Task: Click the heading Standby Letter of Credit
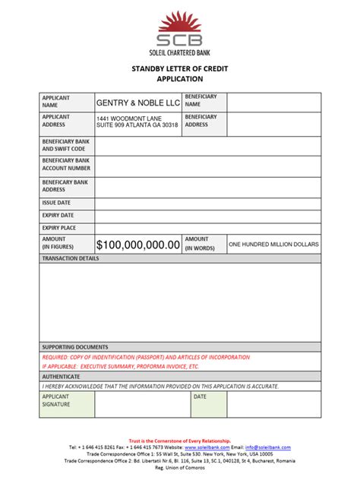(x=179, y=68)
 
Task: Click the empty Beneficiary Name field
(x=273, y=102)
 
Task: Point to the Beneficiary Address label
(x=201, y=121)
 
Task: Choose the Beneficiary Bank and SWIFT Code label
(x=65, y=145)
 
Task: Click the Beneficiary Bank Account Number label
(x=66, y=165)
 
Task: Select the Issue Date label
(x=56, y=204)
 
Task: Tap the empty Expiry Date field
(x=207, y=216)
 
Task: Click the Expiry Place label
(x=59, y=228)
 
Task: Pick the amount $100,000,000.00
(x=138, y=245)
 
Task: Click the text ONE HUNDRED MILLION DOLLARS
(x=273, y=245)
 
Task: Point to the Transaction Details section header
(x=71, y=259)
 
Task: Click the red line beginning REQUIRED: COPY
(x=145, y=356)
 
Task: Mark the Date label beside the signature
(x=201, y=396)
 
